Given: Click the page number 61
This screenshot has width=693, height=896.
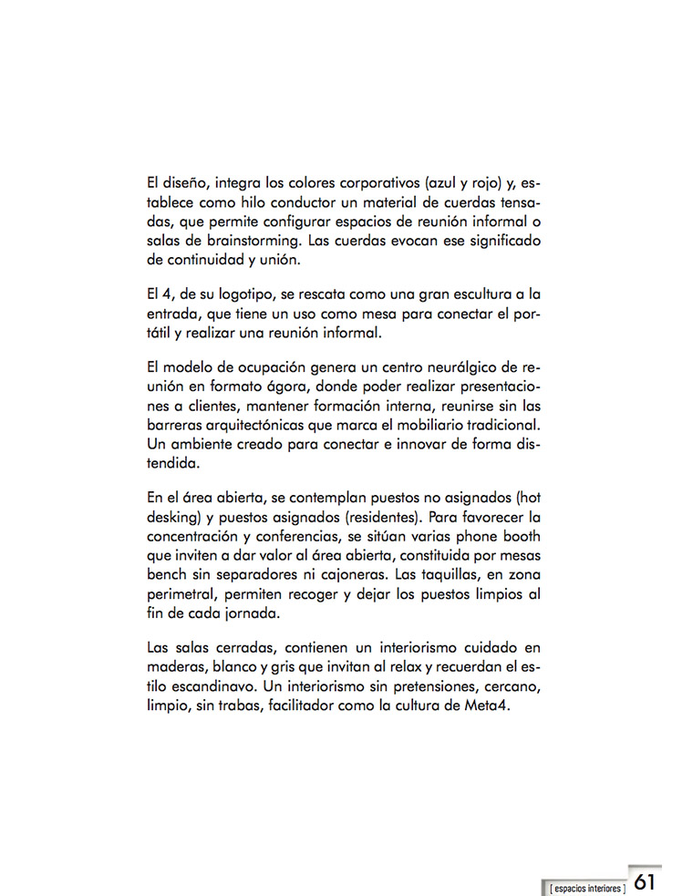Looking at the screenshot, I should [645, 881].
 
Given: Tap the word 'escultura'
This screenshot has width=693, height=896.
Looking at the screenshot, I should [472, 294].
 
